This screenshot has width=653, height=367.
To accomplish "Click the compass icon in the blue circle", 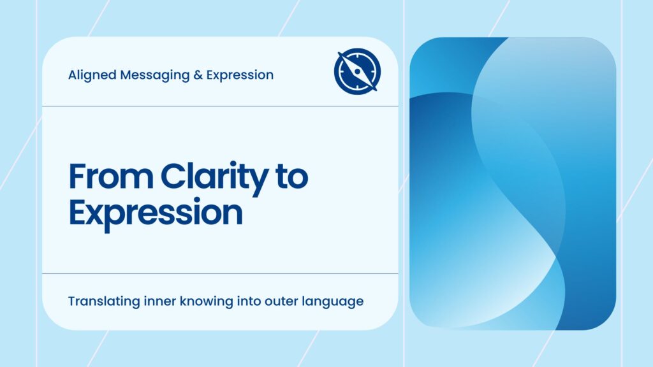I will click(x=357, y=71).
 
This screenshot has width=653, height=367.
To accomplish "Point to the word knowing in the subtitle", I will click(x=203, y=301).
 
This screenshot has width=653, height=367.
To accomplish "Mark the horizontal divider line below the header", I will click(x=220, y=106).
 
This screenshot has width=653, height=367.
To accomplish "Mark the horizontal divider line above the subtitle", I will click(x=220, y=273).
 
